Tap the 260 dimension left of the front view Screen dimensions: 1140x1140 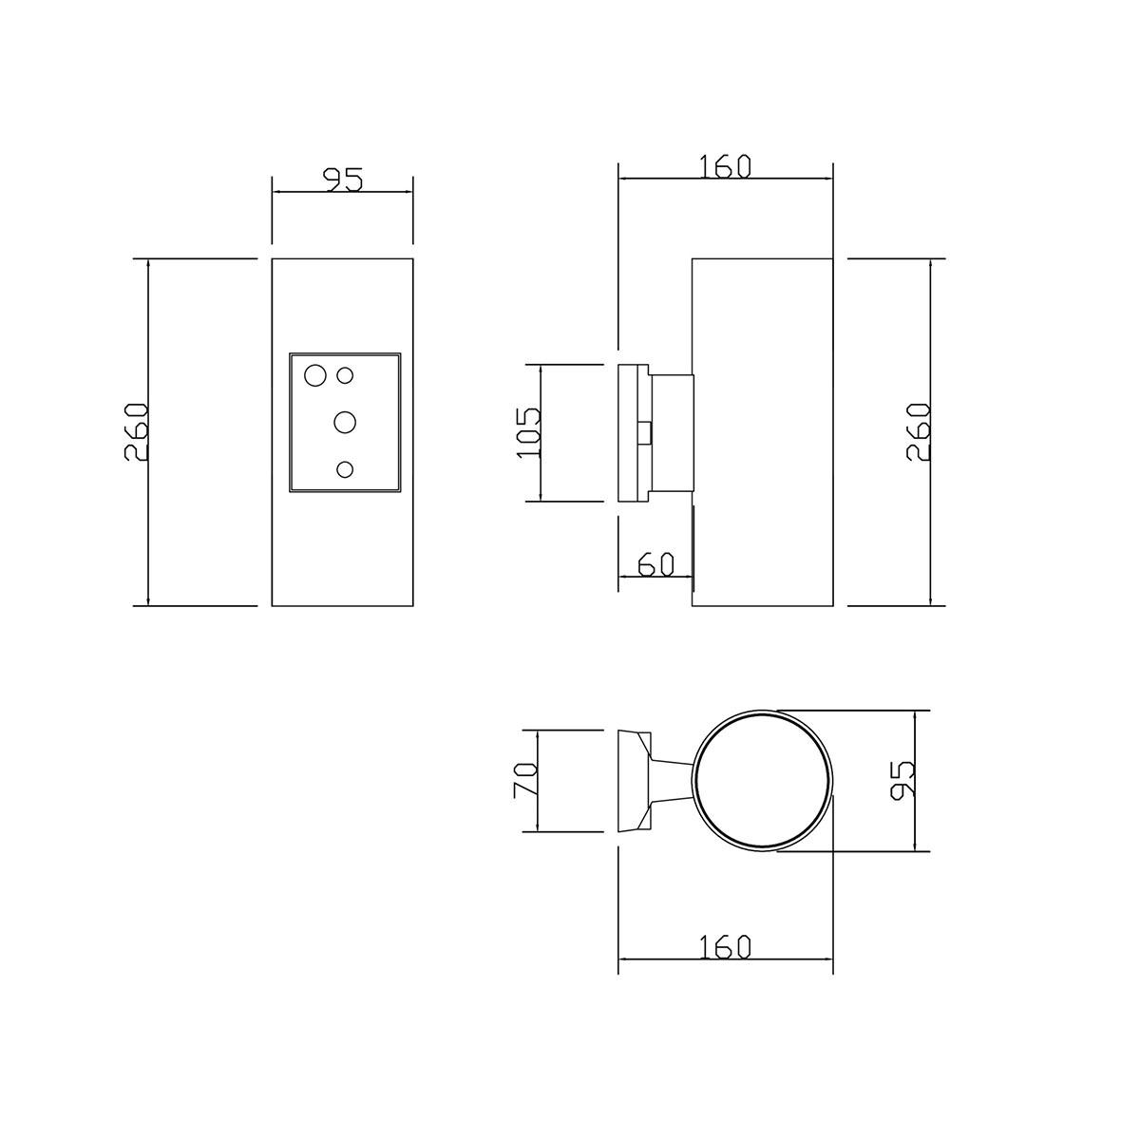click(x=136, y=432)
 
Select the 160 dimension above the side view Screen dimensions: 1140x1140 click(x=725, y=166)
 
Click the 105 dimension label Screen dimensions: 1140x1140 click(x=528, y=432)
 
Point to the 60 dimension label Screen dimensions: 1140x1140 click(x=656, y=565)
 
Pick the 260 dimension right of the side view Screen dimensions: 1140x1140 click(x=918, y=432)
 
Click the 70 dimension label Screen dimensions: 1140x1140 click(x=525, y=780)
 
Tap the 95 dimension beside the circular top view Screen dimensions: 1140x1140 click(x=902, y=780)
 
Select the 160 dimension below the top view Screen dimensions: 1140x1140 click(x=725, y=947)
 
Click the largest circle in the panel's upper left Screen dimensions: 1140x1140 click(x=315, y=375)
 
